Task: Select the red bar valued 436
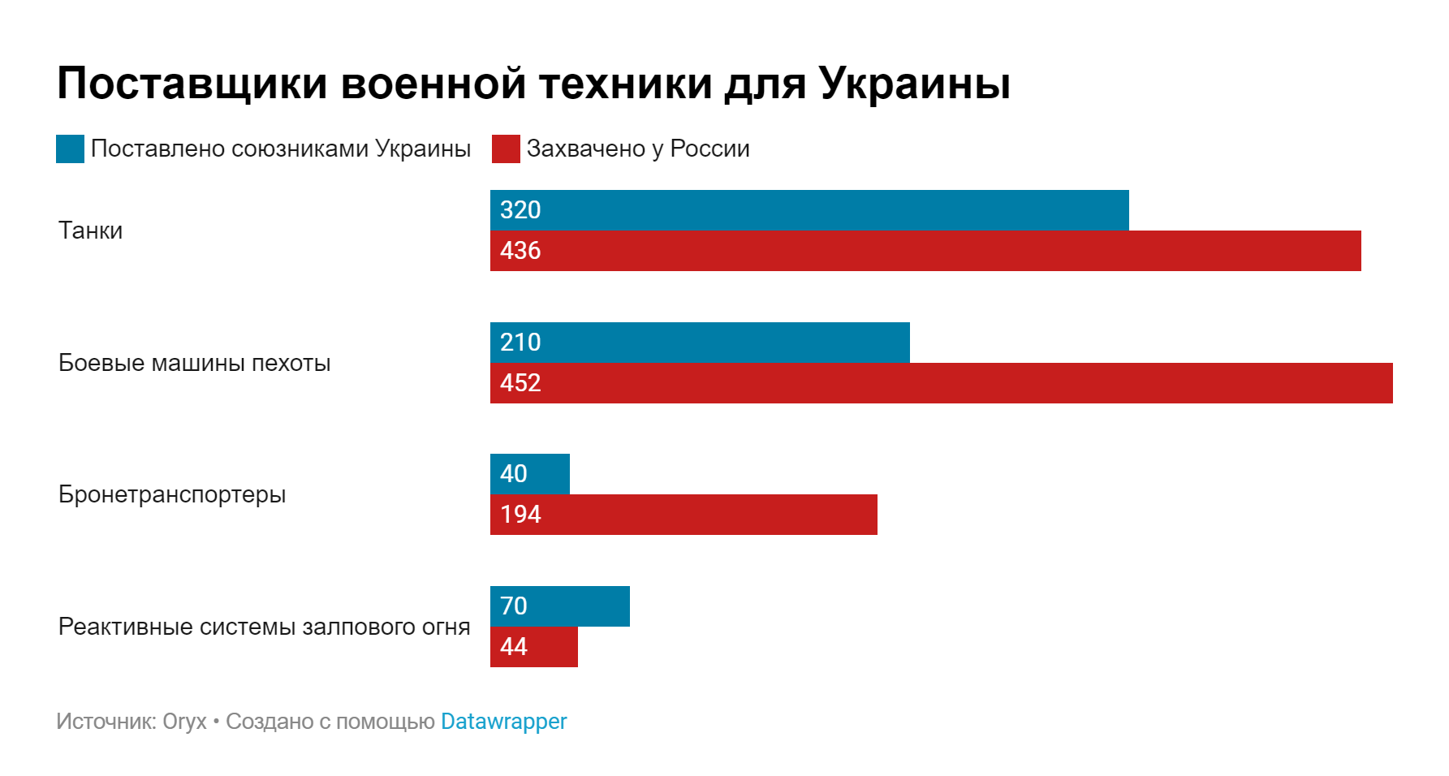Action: [x=925, y=251]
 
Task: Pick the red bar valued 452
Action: [x=942, y=383]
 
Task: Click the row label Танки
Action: [x=90, y=231]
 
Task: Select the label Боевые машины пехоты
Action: [x=194, y=363]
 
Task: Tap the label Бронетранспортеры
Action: [x=172, y=494]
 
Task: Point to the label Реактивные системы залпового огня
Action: [x=264, y=627]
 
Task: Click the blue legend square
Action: [x=70, y=149]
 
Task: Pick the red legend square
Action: [x=506, y=149]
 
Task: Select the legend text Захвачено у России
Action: [x=638, y=149]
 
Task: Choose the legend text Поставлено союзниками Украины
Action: [x=280, y=149]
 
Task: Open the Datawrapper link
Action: [x=503, y=721]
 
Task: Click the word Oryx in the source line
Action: [x=184, y=721]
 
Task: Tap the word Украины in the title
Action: [x=914, y=83]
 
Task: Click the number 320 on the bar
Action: [x=520, y=210]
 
